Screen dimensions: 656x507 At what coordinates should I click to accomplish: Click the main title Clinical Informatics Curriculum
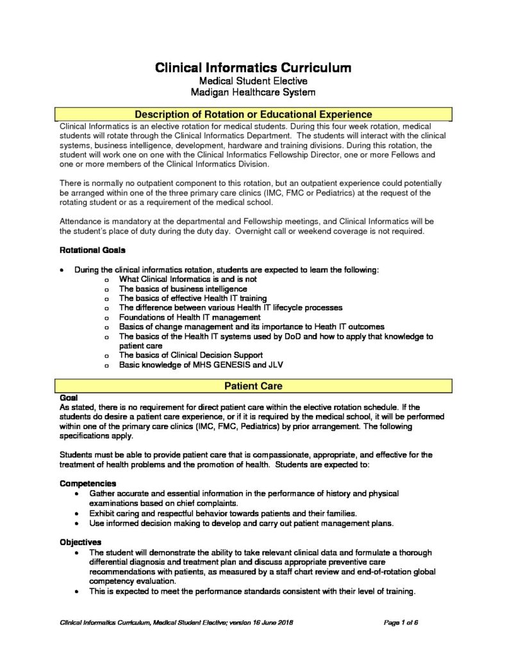tap(253, 67)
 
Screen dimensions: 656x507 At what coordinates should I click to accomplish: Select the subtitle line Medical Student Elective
tap(253, 81)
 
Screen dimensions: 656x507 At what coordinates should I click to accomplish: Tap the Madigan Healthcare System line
tap(253, 92)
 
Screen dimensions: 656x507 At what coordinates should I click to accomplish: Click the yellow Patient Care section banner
tap(253, 386)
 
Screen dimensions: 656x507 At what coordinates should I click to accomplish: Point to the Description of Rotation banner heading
tap(253, 115)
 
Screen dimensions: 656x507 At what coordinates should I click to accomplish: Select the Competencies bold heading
tap(88, 483)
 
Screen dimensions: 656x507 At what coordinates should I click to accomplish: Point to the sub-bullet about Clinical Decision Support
tap(191, 355)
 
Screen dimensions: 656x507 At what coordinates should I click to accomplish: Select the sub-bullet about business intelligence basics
tap(183, 289)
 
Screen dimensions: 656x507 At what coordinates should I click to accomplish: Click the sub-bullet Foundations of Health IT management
tap(190, 317)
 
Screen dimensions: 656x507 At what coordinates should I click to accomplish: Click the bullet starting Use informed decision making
tap(241, 523)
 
